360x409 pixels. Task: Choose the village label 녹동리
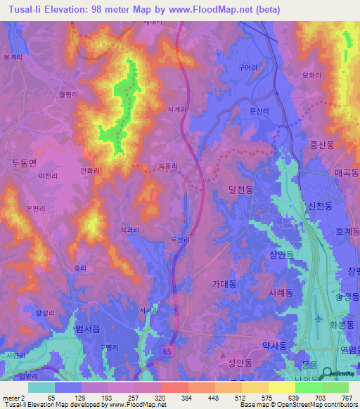(x=167, y=166)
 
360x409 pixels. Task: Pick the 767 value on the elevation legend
(x=346, y=397)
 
